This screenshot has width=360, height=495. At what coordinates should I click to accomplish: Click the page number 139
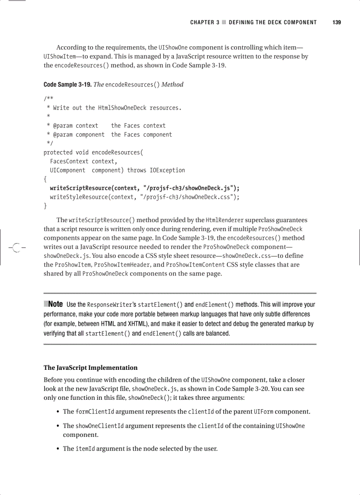337,22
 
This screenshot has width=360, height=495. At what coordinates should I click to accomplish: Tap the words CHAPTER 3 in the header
205,22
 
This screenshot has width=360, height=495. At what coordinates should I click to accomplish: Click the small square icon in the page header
224,22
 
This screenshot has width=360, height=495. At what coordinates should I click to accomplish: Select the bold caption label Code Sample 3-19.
67,84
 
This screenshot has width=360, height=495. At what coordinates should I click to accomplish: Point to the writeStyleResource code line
144,197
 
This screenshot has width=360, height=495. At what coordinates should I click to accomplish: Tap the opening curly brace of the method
45,179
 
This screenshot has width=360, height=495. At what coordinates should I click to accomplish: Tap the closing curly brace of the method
45,206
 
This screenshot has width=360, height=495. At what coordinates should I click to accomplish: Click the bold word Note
55,304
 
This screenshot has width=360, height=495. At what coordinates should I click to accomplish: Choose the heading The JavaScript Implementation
90,368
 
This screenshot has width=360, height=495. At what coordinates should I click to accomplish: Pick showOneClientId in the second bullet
99,426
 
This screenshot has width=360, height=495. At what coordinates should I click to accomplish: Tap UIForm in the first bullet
263,412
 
